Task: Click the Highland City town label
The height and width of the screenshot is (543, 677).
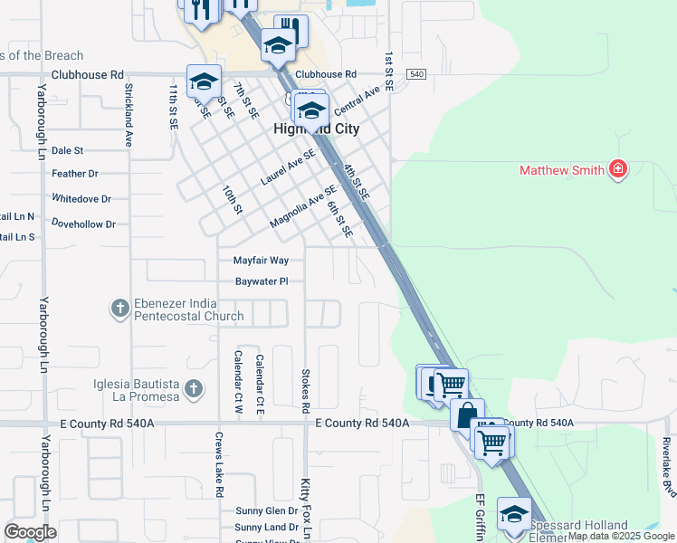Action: coord(317,129)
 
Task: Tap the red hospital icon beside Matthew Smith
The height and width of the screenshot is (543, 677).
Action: coord(619,169)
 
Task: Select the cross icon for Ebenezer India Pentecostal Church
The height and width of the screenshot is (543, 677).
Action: coord(119,309)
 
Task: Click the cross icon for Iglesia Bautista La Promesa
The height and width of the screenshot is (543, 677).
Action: coord(192,389)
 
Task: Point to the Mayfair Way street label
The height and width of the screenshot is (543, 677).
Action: coord(261,261)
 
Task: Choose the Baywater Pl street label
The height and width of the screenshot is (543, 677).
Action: coord(262,281)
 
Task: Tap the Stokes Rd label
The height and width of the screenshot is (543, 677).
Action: coord(306,391)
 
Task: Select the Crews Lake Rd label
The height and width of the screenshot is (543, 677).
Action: coord(219,464)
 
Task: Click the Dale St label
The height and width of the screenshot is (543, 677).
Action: coord(67,151)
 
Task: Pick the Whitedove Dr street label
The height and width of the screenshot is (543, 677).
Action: coord(81,199)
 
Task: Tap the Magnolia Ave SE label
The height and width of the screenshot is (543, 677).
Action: coord(303,207)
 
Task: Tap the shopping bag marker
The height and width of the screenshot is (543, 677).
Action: coord(467,415)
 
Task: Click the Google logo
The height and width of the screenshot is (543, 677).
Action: coord(30,532)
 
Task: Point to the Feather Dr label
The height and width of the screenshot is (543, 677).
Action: coord(75,174)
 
